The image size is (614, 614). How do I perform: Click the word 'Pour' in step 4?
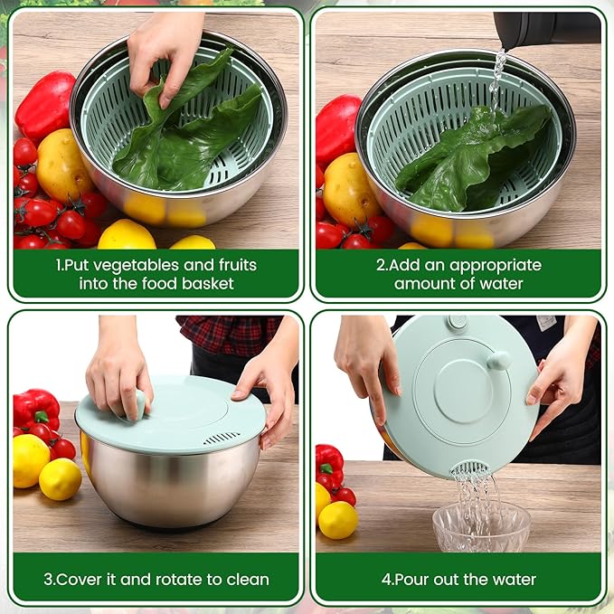click(411, 580)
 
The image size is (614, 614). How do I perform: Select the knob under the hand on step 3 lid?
click(137, 406)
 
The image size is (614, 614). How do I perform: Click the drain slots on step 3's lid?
click(222, 439)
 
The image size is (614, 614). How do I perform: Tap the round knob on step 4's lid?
click(498, 361)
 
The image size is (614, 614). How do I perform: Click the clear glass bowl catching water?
click(481, 526)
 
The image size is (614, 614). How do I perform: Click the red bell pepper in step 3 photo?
click(36, 410)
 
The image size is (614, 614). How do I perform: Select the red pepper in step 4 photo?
click(329, 465)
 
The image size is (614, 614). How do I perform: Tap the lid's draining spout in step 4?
click(469, 468)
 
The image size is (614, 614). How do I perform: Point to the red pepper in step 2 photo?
click(336, 128)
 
